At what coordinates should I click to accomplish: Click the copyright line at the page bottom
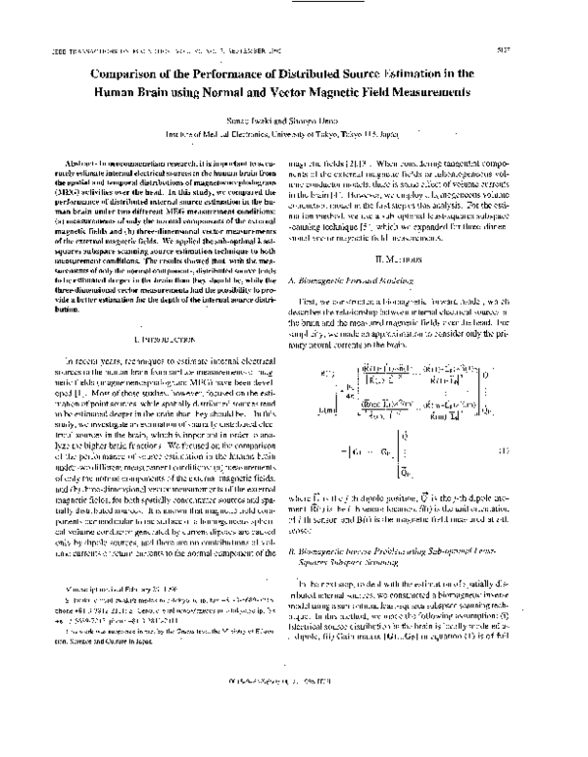pyautogui.click(x=294, y=734)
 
